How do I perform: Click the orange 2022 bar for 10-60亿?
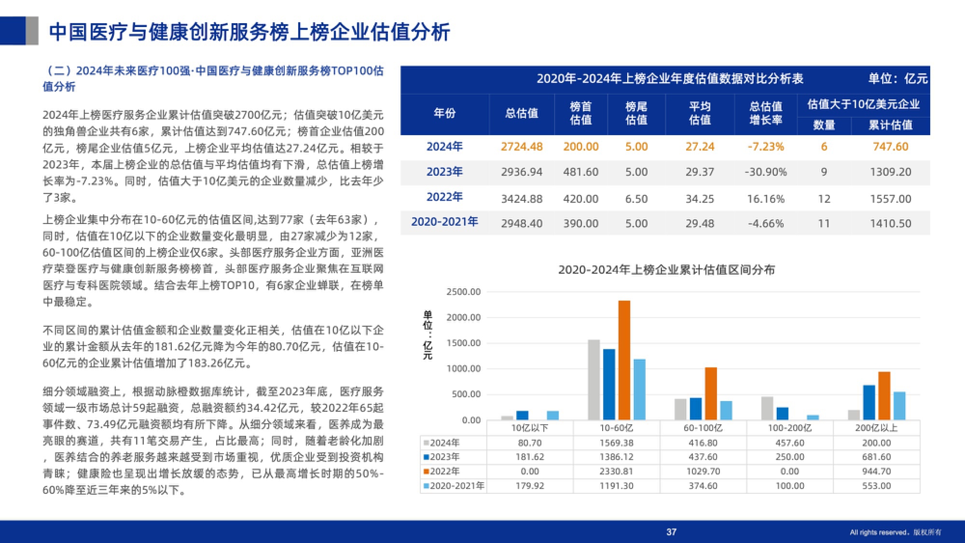pyautogui.click(x=624, y=360)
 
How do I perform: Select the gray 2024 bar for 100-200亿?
pyautogui.click(x=767, y=408)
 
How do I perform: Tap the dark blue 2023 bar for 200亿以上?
pyautogui.click(x=869, y=402)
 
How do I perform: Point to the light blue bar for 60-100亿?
pyautogui.click(x=726, y=410)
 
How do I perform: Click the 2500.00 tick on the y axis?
pyautogui.click(x=463, y=292)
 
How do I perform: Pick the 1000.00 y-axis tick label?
pyautogui.click(x=463, y=369)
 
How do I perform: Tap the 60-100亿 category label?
pyautogui.click(x=703, y=428)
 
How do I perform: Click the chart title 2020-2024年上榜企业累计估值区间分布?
pyautogui.click(x=666, y=269)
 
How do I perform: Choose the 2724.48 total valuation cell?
pyautogui.click(x=522, y=147)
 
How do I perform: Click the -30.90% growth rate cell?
pyautogui.click(x=765, y=172)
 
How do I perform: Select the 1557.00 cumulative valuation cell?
pyautogui.click(x=890, y=198)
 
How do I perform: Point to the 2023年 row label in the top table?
pyautogui.click(x=444, y=172)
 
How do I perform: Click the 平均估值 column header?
pyautogui.click(x=700, y=113)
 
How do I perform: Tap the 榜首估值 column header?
pyautogui.click(x=580, y=113)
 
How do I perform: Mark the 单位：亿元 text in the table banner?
pyautogui.click(x=897, y=79)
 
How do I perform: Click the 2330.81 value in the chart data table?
pyautogui.click(x=616, y=471)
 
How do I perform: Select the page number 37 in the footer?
pyautogui.click(x=671, y=532)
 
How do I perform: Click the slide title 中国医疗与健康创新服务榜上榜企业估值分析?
pyautogui.click(x=249, y=32)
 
